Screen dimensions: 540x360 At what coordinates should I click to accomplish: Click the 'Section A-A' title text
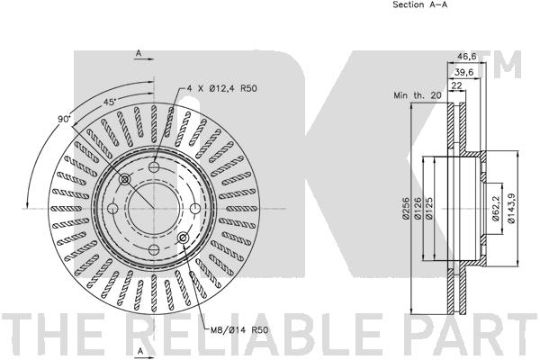coord(419,4)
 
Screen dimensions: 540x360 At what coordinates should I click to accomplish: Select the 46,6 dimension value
coord(466,57)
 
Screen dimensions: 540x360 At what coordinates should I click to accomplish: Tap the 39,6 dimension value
coord(463,72)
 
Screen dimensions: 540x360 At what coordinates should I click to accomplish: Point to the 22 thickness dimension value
coord(456,85)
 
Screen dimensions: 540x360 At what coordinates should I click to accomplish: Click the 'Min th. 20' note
coord(417,95)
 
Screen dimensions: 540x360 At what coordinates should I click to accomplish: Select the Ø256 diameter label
coord(405,208)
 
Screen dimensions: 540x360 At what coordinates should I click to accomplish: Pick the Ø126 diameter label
coord(417,208)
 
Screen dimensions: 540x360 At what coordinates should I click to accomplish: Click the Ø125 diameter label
coord(428,208)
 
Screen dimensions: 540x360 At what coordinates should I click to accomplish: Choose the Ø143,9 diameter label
coord(512,208)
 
